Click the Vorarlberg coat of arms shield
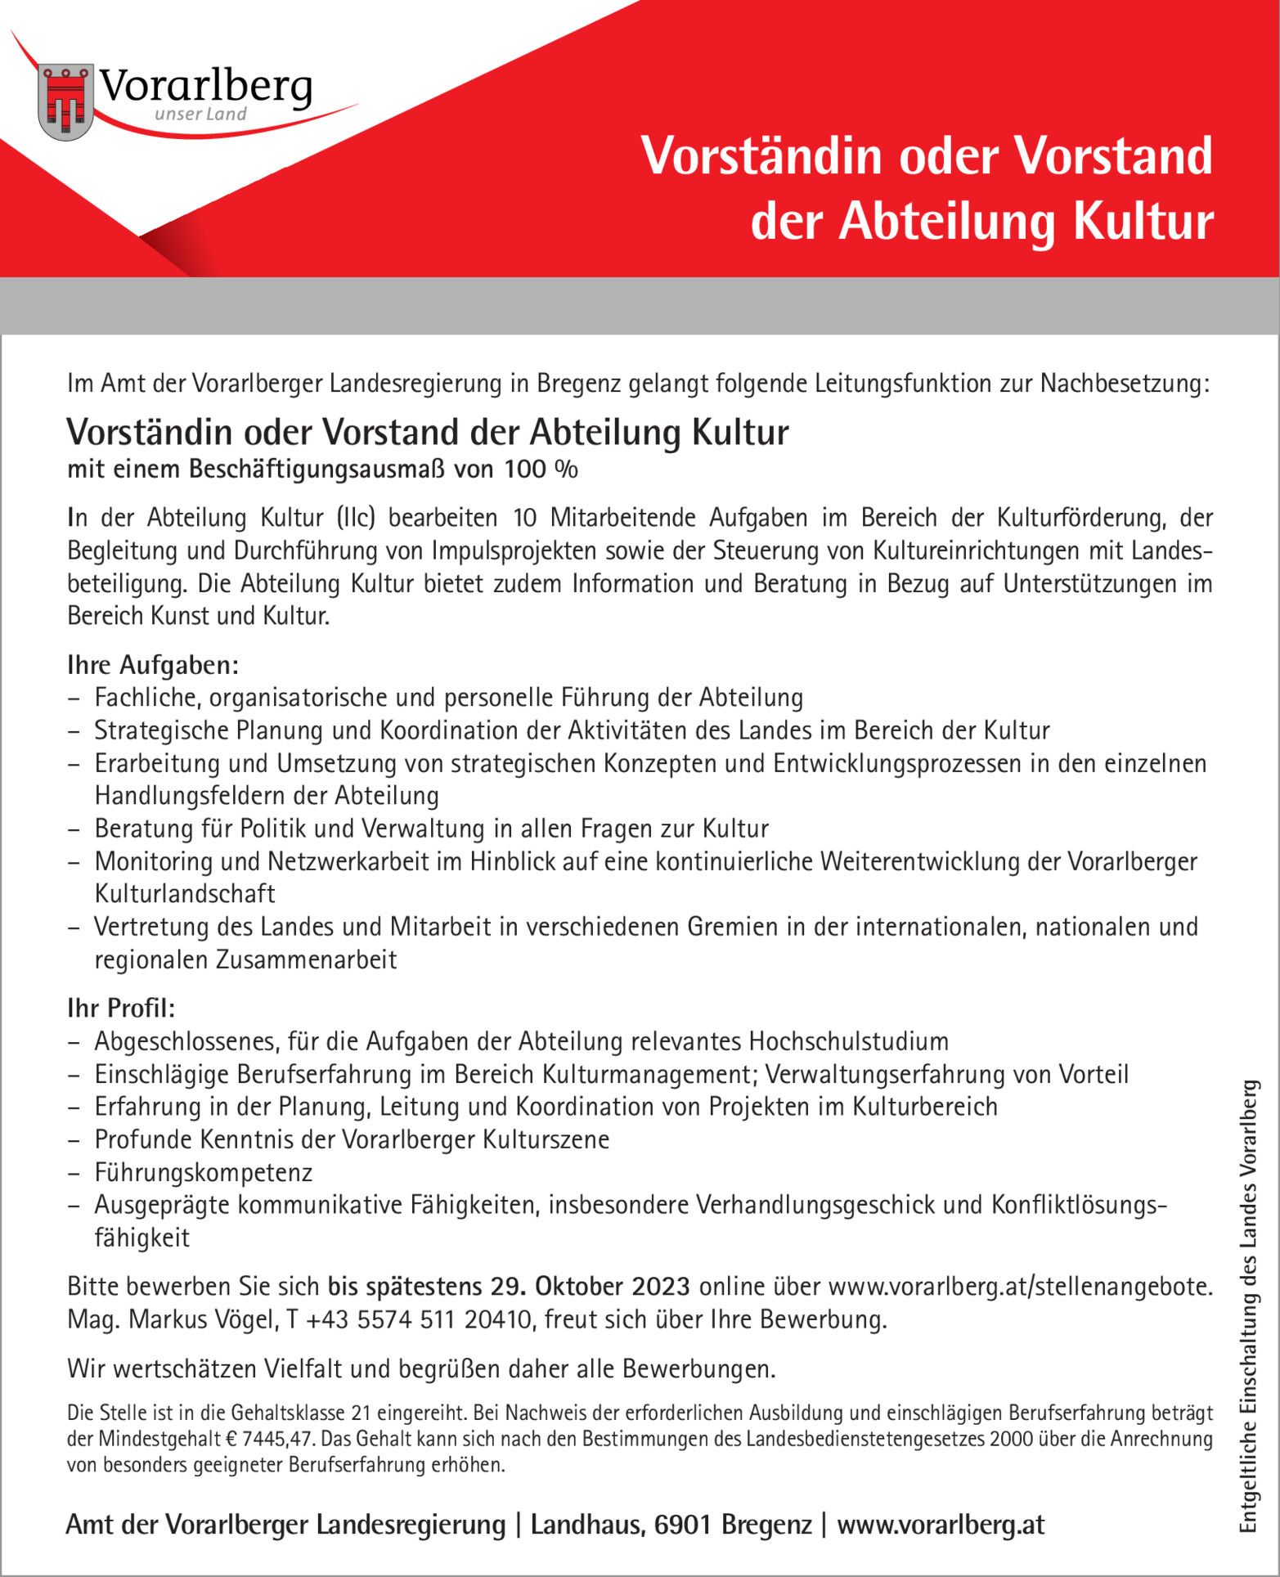(65, 101)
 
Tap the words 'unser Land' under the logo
(200, 115)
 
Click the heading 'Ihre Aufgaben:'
(153, 665)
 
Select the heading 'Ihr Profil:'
(121, 1008)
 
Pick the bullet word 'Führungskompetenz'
(204, 1172)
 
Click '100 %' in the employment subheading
(541, 470)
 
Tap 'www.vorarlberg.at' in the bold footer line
(941, 1525)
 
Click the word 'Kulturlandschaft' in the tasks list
(185, 894)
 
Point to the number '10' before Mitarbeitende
(525, 518)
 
